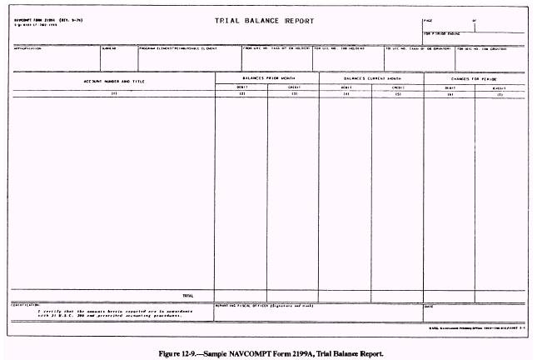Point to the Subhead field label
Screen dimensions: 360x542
108,47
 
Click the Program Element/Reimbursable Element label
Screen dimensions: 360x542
178,47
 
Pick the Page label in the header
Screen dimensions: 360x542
428,17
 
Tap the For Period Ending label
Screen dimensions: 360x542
441,34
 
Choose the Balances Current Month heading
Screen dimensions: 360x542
371,77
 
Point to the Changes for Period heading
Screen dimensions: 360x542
475,77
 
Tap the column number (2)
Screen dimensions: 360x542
241,93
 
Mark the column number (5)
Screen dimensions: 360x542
398,93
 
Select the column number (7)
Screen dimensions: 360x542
500,93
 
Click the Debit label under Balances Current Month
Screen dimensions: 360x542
346,86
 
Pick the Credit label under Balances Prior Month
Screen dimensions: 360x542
293,86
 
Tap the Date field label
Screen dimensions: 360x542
430,306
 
